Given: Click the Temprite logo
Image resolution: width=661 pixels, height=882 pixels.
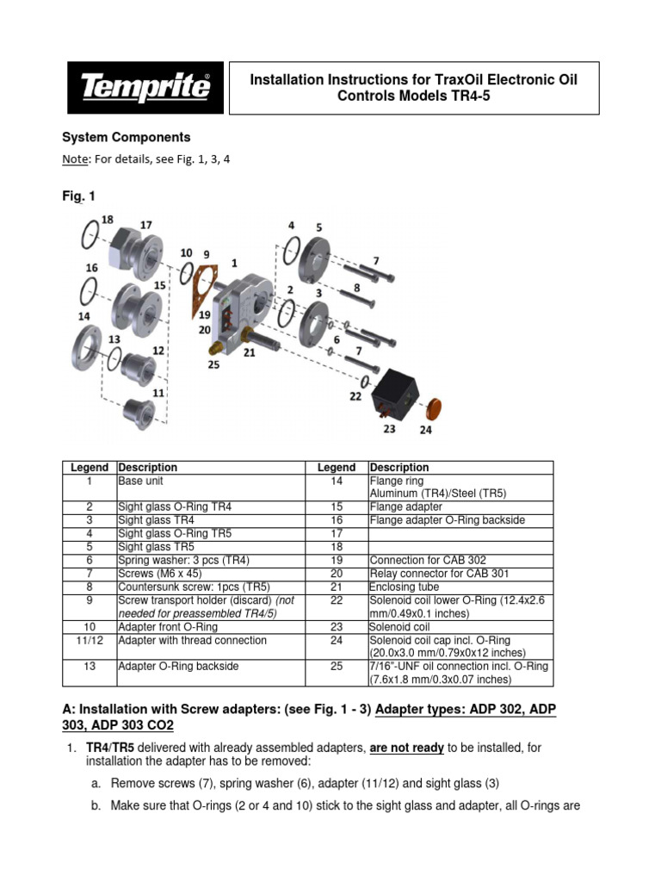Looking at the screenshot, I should click(x=145, y=88).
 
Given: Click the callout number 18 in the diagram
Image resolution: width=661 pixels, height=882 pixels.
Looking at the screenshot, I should click(x=107, y=220).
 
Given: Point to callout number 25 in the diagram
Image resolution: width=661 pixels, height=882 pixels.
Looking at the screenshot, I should click(x=213, y=364).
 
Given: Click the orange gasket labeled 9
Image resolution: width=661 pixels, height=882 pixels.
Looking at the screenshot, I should click(x=204, y=288).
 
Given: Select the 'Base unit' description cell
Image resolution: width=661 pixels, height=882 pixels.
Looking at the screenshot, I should click(x=143, y=481).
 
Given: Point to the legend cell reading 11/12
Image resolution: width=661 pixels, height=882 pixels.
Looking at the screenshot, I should click(x=89, y=641).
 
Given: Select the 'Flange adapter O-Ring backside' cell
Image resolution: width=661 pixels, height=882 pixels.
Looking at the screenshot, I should click(x=447, y=520).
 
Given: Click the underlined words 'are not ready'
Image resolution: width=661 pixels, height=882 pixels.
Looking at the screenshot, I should click(x=406, y=748).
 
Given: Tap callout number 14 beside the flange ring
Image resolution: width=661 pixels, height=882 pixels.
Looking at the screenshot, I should click(x=83, y=316).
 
